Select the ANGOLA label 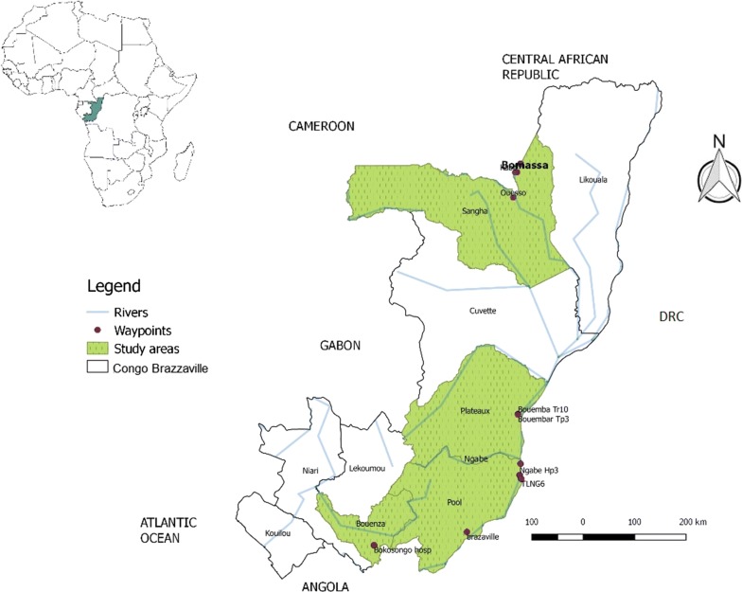326,586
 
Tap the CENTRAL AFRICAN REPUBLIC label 556,66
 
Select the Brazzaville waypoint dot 467,531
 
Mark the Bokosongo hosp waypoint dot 374,546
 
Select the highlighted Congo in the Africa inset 94,112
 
